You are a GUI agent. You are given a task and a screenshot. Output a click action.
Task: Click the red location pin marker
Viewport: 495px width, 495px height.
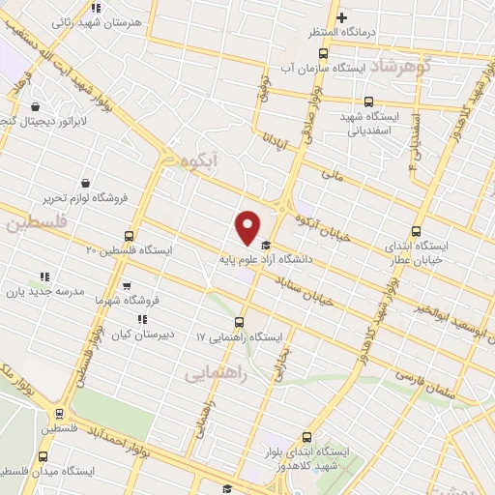tap(247, 227)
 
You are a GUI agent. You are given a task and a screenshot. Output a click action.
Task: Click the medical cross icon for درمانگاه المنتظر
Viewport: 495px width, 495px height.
tap(341, 17)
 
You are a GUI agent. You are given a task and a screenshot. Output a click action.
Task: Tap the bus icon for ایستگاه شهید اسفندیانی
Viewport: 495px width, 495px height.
tap(367, 101)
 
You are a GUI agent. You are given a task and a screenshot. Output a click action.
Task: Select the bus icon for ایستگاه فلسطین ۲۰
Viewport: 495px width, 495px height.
tap(130, 235)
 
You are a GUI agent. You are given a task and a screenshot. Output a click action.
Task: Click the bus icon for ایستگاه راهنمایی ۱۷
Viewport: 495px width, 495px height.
tap(239, 323)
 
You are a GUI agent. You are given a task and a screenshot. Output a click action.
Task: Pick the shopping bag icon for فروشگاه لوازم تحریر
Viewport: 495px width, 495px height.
tap(85, 184)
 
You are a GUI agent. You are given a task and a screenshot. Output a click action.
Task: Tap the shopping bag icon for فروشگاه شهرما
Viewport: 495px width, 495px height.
tap(127, 286)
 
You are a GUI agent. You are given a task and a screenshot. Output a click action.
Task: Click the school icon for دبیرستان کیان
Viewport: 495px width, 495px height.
tap(142, 318)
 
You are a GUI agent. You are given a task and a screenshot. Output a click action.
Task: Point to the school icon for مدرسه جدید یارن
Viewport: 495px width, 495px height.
tap(44, 277)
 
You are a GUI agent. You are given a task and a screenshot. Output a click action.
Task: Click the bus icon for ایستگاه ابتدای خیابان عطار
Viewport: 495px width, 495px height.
tap(416, 231)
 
